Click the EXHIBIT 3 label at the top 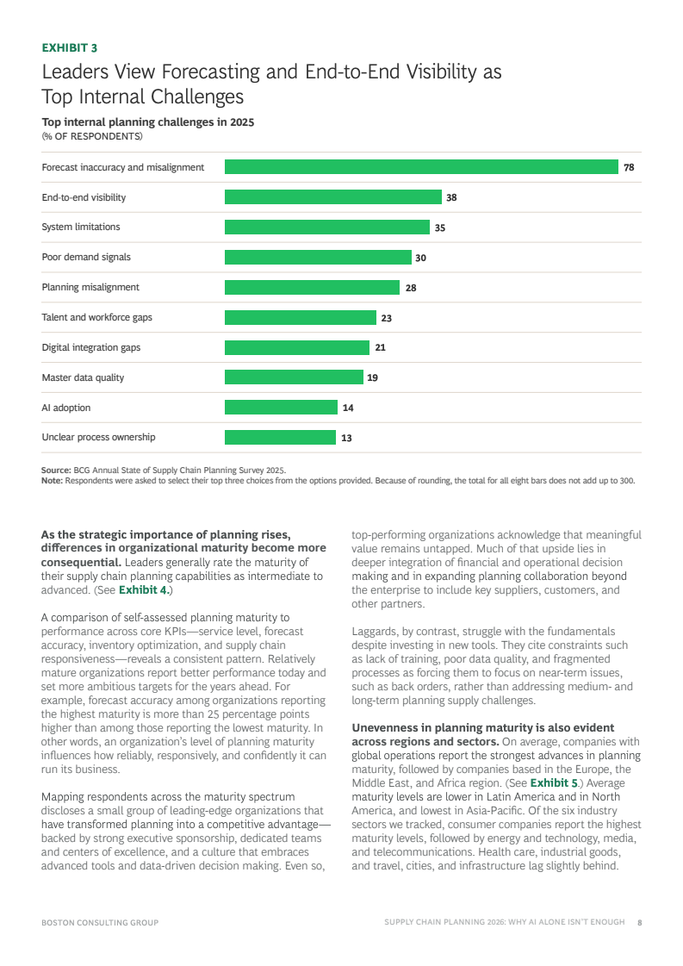(x=70, y=48)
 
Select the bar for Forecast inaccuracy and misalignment (x=421, y=167)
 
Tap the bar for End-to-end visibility (x=333, y=197)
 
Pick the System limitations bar (x=327, y=227)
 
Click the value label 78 (x=629, y=167)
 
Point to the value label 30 (x=420, y=258)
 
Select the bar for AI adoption (x=281, y=408)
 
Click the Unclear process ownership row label (x=98, y=438)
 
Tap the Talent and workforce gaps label (x=96, y=317)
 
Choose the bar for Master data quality (x=294, y=377)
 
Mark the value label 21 (x=381, y=347)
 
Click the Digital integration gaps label (x=91, y=347)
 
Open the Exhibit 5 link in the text (x=555, y=783)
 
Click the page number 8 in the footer (x=640, y=922)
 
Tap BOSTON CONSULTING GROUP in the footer (x=100, y=923)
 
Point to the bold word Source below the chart (x=56, y=470)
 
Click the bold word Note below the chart (x=52, y=481)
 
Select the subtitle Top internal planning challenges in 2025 (x=148, y=122)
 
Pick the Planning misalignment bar (x=313, y=287)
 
